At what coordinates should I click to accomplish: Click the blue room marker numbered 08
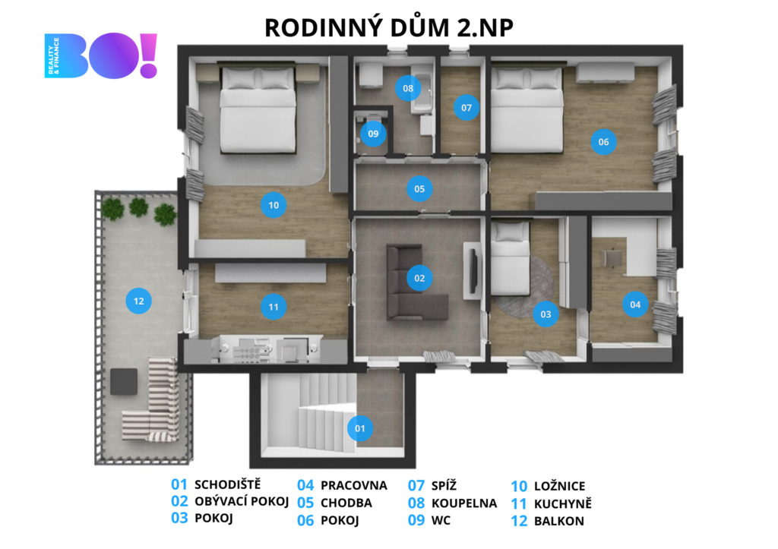point(408,88)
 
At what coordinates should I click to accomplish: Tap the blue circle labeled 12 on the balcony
point(138,301)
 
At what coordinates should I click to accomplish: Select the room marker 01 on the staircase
point(359,428)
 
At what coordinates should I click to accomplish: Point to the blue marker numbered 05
point(419,189)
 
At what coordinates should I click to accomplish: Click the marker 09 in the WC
point(373,134)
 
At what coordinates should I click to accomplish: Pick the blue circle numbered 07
point(466,108)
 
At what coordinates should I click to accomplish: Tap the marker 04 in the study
point(635,304)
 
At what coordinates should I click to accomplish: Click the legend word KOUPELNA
point(464,503)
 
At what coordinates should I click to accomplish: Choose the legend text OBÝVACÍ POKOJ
point(242,501)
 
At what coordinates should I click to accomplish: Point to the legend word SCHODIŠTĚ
point(227,484)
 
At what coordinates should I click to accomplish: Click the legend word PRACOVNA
point(354,485)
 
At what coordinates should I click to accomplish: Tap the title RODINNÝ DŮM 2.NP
point(388,28)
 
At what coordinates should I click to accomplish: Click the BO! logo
point(101,55)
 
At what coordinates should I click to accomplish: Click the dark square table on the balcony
point(124,381)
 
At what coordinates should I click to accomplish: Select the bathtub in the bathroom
point(422,92)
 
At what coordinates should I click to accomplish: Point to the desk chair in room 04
point(611,259)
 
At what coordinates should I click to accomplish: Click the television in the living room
point(475,271)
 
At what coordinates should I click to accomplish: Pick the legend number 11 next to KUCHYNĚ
point(518,504)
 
